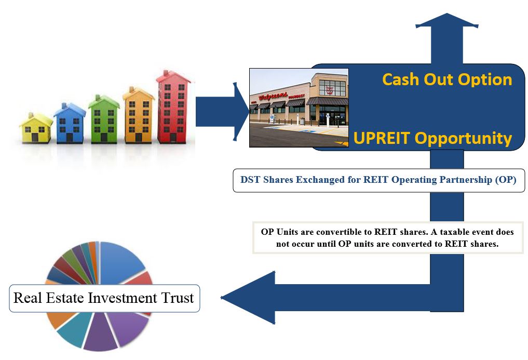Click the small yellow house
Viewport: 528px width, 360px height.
point(36,128)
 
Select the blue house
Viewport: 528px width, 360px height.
point(70,123)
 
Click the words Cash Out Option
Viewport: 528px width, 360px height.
point(447,79)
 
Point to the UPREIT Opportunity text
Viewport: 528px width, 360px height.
point(432,139)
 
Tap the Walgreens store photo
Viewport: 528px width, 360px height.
point(299,108)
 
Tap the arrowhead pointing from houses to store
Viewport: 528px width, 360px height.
point(241,111)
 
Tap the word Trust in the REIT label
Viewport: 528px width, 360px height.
point(177,298)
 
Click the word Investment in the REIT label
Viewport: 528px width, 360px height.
point(124,298)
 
